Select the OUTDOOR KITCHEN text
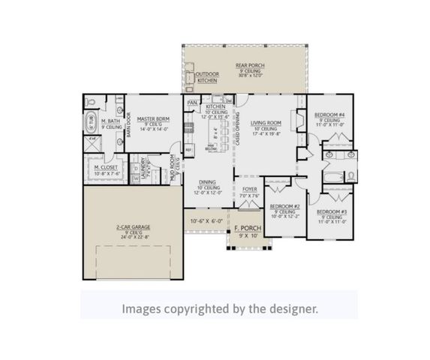coord(206,77)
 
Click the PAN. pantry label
coord(192,102)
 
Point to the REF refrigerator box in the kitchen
coord(189,150)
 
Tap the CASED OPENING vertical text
coord(237,127)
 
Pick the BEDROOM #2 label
coord(285,205)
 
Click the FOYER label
coord(249,190)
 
